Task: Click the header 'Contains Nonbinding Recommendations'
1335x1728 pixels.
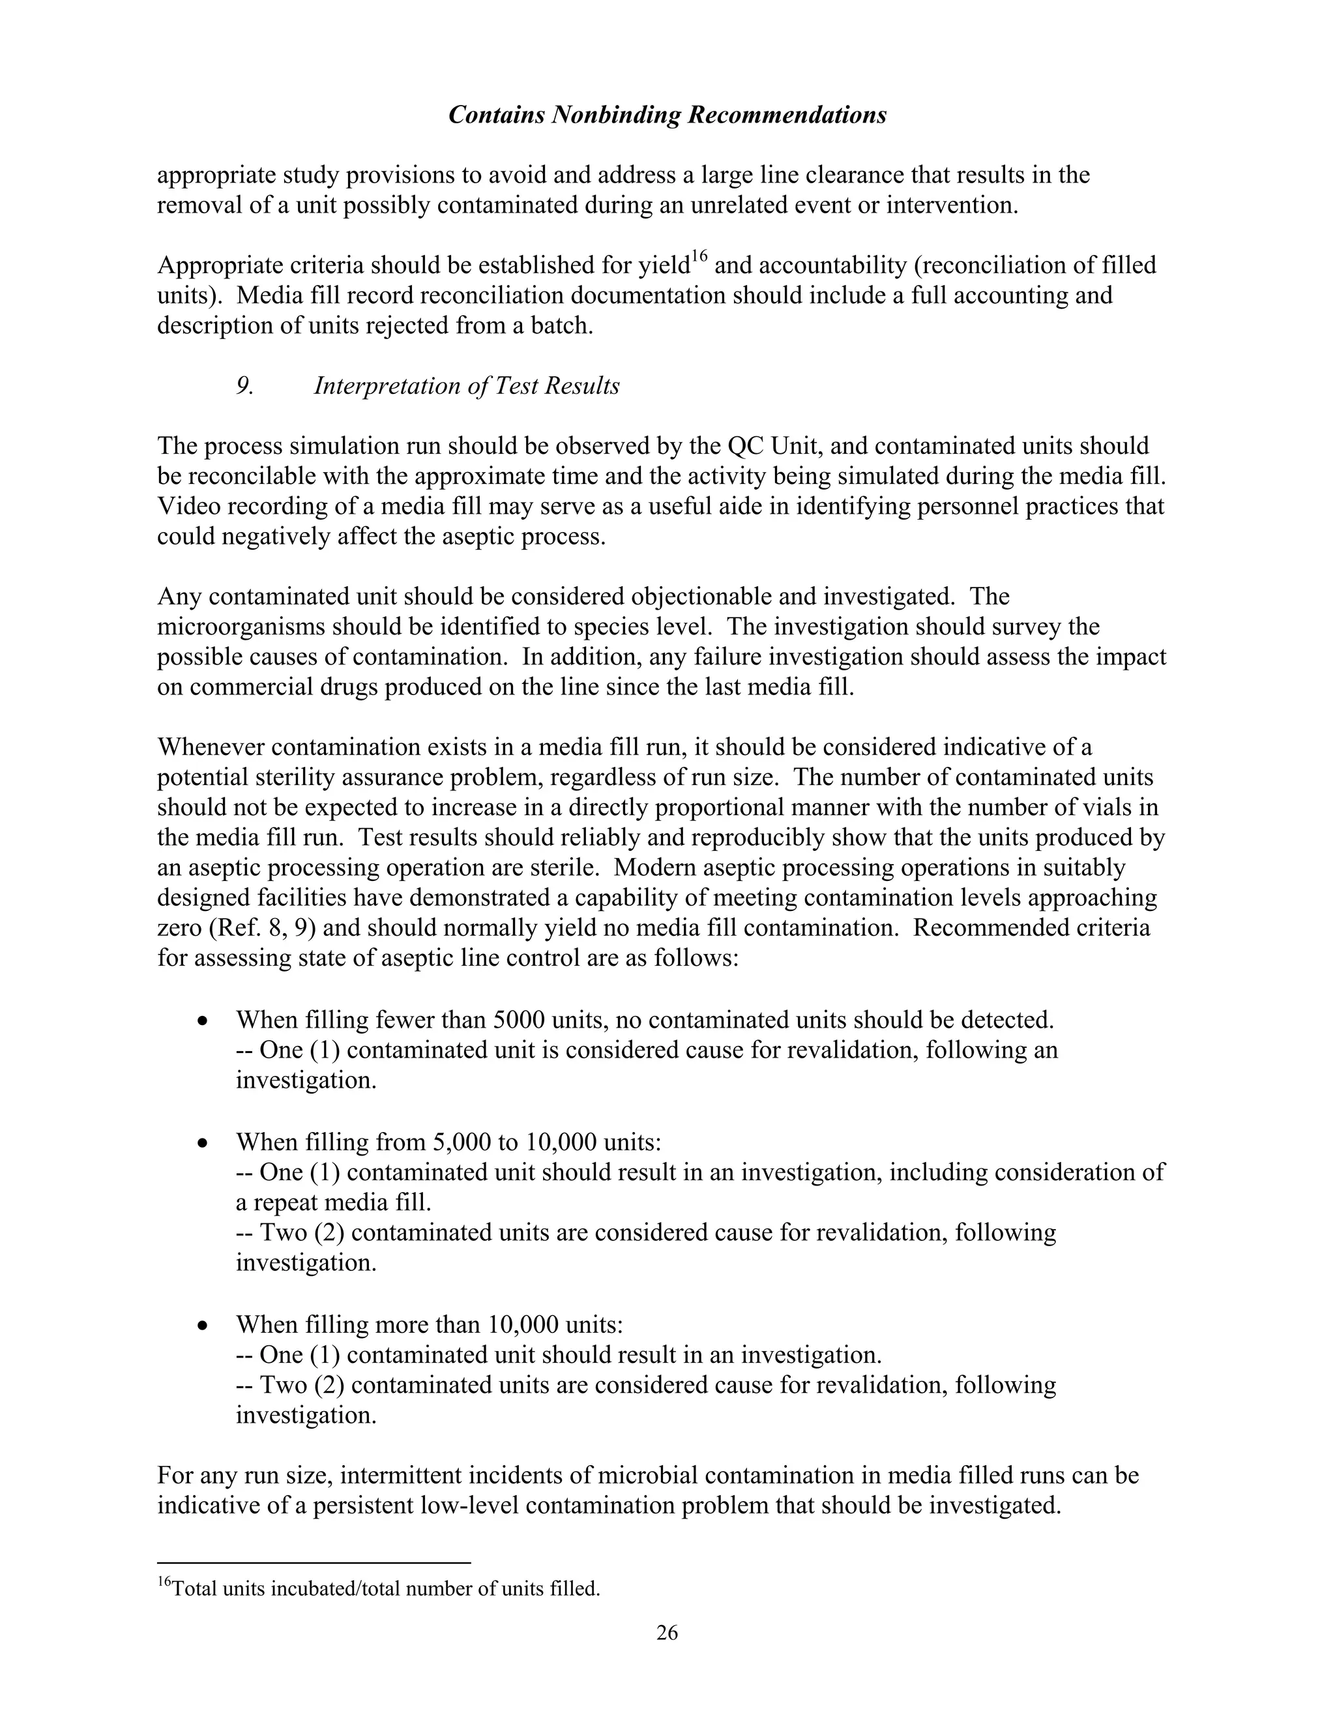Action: (x=667, y=115)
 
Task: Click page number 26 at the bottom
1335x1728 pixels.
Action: (x=667, y=1632)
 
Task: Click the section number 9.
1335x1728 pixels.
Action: (x=244, y=386)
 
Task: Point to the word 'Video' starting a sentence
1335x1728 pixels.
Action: (x=188, y=507)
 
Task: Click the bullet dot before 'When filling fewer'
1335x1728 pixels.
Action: (x=204, y=1021)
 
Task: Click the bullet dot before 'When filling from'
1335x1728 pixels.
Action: (x=204, y=1143)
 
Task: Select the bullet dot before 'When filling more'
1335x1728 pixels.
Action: (x=204, y=1325)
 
